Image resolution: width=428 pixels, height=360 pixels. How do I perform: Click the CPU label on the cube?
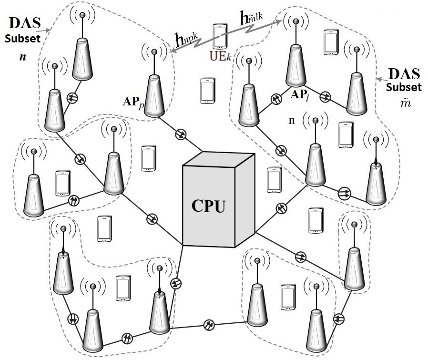209,206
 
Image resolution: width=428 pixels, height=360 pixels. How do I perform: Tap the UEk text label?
220,56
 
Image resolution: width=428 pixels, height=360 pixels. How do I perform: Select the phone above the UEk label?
220,36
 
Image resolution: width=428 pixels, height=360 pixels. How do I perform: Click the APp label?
133,102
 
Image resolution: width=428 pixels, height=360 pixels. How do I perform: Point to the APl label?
300,95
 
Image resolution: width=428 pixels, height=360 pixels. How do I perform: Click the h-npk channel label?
186,40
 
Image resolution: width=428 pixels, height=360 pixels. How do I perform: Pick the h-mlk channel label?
251,18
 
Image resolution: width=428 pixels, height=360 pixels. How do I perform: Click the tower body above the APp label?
154,95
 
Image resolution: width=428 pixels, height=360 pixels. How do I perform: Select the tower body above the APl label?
296,65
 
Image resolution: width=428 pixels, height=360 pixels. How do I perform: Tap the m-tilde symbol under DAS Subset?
406,103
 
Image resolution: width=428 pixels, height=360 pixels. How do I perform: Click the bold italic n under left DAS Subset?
23,57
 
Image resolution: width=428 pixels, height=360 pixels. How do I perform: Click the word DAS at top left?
25,23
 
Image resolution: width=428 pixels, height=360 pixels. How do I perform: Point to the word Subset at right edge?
404,87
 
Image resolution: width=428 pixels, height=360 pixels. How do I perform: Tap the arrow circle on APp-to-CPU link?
181,134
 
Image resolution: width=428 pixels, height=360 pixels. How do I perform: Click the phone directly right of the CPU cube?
275,180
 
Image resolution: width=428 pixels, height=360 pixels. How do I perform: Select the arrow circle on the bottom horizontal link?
209,325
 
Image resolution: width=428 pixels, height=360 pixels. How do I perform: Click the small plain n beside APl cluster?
292,121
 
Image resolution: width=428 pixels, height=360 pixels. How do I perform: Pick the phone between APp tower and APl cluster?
208,91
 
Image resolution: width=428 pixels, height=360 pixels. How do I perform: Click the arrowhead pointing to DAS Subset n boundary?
49,30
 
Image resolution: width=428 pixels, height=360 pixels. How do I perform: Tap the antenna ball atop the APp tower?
154,51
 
